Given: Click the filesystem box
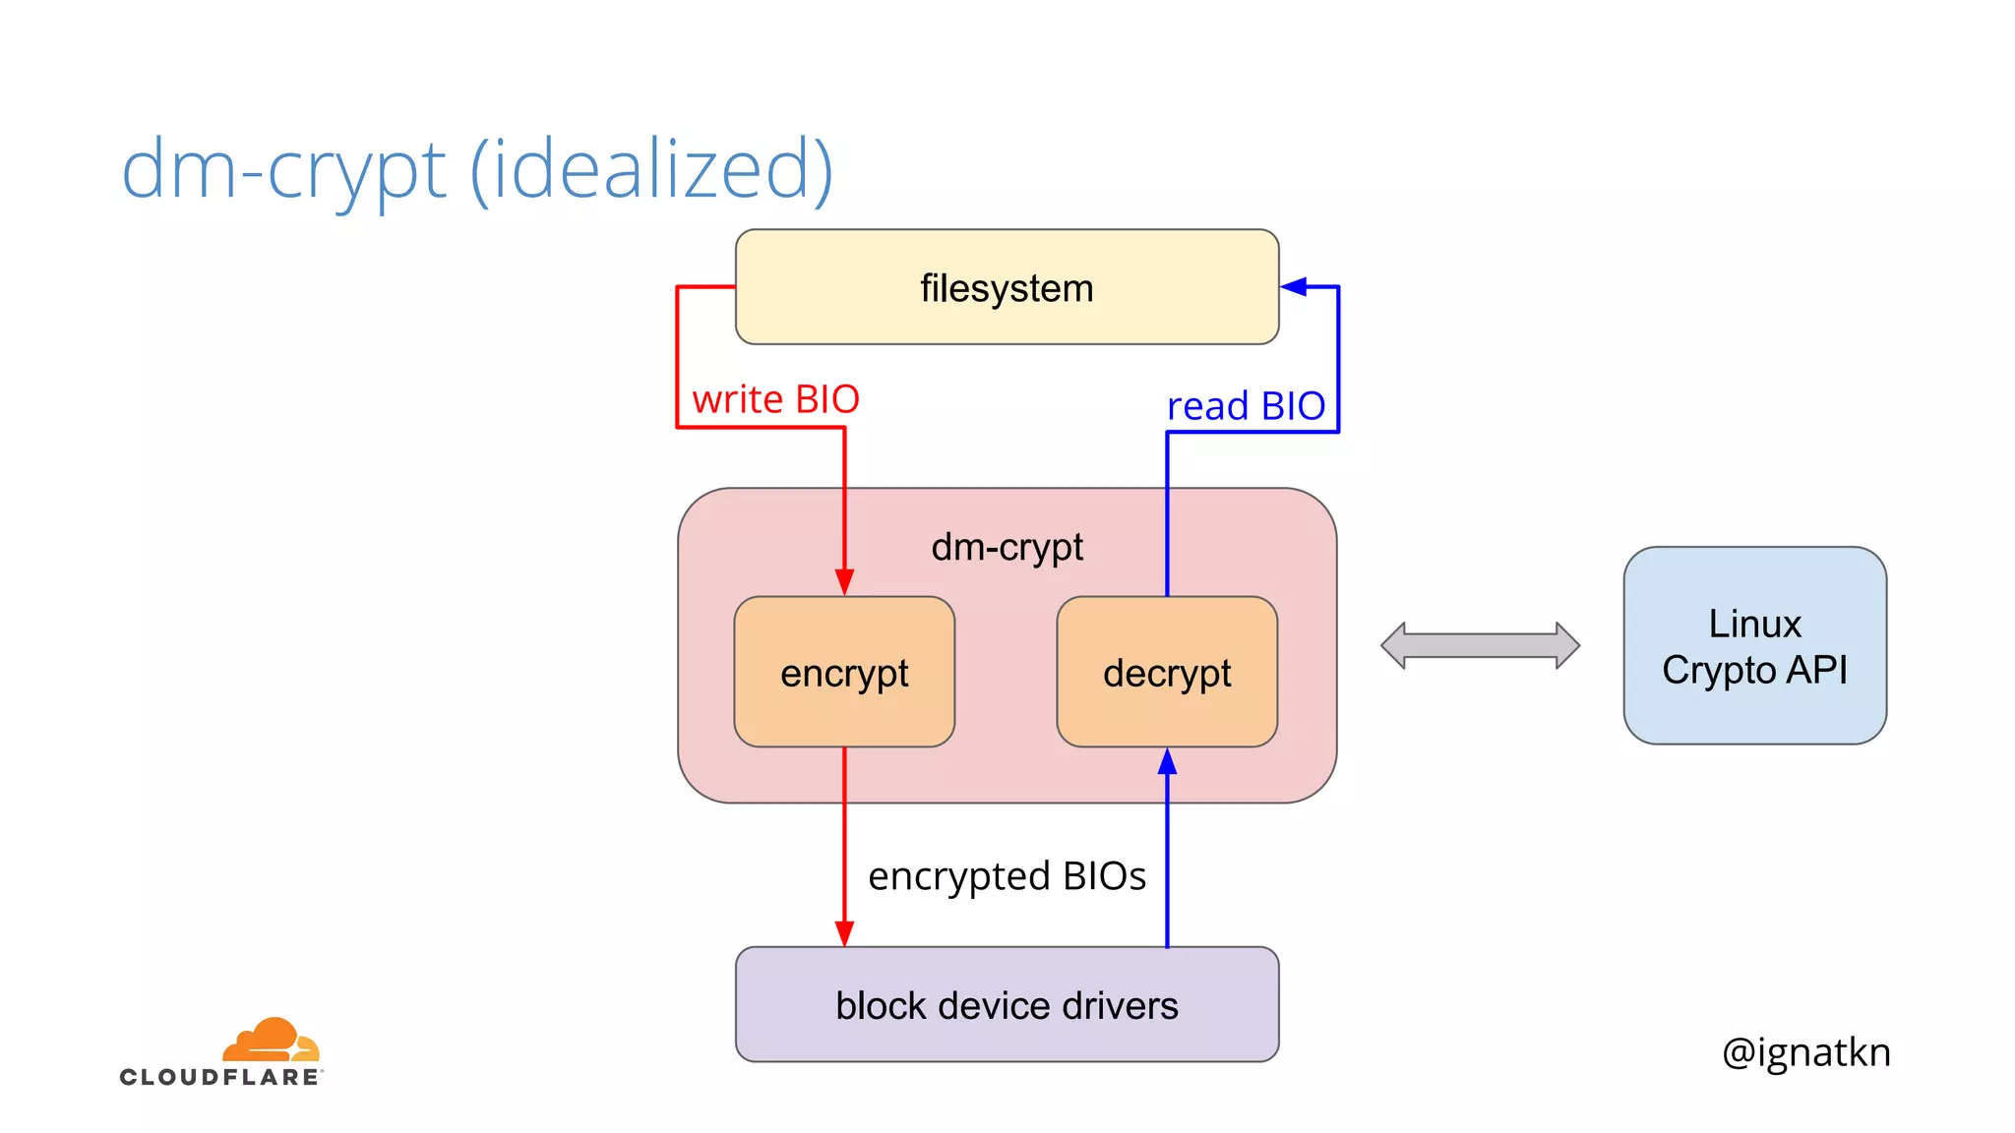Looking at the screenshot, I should (x=1007, y=287).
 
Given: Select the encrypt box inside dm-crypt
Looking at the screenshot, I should (x=844, y=673).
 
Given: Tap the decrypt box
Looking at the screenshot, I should (x=1167, y=673).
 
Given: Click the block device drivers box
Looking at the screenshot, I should (x=1007, y=1005).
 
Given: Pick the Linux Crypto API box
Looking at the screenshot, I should (x=1754, y=646).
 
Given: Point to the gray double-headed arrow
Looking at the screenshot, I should (x=1480, y=646).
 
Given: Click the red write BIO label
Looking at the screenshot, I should (x=775, y=399).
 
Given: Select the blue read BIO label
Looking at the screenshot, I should (x=1246, y=406).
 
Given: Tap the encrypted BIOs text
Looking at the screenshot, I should (x=1007, y=876).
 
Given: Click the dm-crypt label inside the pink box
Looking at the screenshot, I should (x=1007, y=547).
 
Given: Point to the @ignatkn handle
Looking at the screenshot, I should (x=1805, y=1052).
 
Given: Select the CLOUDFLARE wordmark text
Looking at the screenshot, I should (x=220, y=1077).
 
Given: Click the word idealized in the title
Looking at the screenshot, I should (x=651, y=169).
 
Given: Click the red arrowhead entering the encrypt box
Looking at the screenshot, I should (x=844, y=582).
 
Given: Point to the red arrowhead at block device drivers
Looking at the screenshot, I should (x=844, y=934).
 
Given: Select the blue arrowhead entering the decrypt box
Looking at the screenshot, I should (x=1167, y=760).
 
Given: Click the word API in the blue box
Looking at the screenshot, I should (x=1816, y=670).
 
